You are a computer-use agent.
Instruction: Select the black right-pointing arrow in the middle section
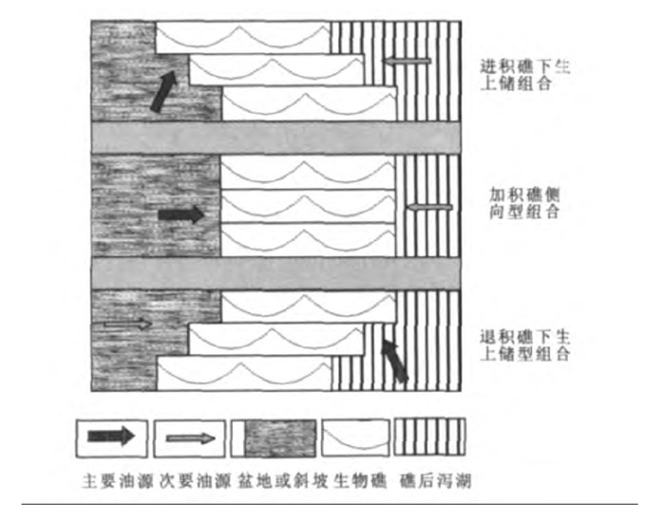pos(180,214)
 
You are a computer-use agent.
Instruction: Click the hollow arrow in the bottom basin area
pos(127,325)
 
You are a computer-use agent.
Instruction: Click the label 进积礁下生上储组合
pos(525,76)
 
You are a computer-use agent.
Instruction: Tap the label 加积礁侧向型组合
pos(525,202)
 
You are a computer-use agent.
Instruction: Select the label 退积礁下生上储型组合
pos(525,345)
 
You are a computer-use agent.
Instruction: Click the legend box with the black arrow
pos(112,436)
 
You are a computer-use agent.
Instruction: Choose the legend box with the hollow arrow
pos(190,436)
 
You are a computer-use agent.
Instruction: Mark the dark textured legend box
pos(274,436)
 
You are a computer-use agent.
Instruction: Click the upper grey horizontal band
pos(275,137)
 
